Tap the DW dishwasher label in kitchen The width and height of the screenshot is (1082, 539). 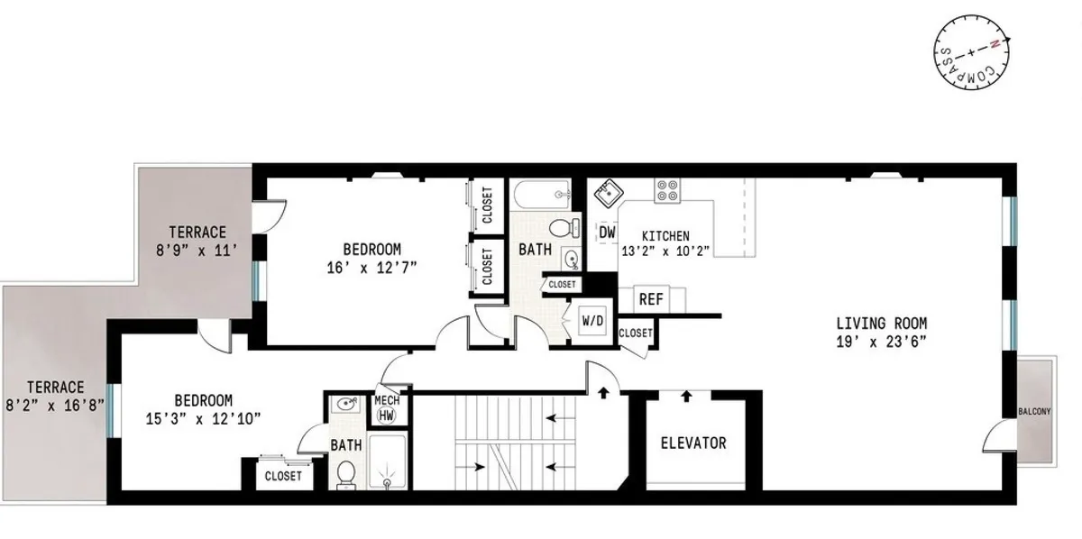(607, 233)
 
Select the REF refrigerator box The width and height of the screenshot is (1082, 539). (651, 299)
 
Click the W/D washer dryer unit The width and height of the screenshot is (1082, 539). (591, 321)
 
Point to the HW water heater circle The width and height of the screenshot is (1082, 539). (386, 416)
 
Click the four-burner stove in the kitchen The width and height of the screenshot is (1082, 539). (667, 190)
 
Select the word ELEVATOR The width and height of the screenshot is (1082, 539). (693, 443)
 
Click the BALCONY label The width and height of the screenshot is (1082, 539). (1034, 412)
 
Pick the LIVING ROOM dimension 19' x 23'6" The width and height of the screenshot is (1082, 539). (881, 341)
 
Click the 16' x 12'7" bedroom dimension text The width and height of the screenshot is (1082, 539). (371, 267)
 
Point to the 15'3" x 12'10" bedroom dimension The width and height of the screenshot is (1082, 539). (204, 417)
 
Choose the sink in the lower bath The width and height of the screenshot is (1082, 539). (343, 405)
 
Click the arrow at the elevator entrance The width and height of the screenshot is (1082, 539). (686, 395)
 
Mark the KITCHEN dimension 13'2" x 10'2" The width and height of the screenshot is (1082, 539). (665, 251)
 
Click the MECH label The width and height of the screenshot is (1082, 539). (387, 399)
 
